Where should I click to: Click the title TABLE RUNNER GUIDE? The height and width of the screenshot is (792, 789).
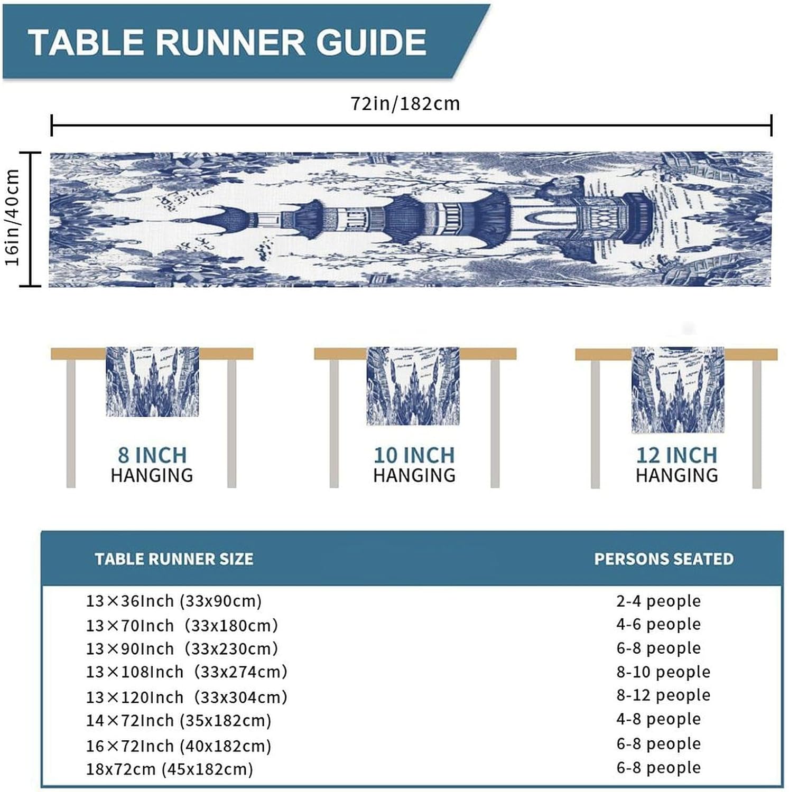click(227, 42)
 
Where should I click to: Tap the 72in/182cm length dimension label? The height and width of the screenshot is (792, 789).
click(405, 103)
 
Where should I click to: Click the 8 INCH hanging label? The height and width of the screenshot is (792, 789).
click(152, 455)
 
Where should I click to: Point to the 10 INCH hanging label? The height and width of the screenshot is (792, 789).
click(414, 455)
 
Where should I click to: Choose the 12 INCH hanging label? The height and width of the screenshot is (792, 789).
click(676, 455)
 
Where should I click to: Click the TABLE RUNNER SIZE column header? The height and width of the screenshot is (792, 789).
click(174, 559)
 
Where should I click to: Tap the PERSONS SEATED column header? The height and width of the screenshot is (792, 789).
click(664, 559)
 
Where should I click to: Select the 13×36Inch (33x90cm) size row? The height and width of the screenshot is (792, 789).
click(174, 601)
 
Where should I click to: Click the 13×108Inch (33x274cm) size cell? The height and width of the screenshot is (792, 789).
click(187, 672)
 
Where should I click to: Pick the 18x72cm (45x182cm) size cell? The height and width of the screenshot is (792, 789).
click(170, 769)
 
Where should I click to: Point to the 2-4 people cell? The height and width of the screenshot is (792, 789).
click(658, 601)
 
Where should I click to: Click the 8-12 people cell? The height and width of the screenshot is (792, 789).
click(663, 695)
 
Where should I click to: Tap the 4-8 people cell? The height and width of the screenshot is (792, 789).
click(658, 719)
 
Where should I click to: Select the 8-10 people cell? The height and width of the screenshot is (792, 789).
click(663, 672)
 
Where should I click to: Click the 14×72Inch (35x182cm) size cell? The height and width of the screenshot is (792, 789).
click(179, 721)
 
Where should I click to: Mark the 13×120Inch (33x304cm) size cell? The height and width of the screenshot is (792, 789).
click(187, 697)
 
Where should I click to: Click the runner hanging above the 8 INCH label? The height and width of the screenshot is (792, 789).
click(152, 381)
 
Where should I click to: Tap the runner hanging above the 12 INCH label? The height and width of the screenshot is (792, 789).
click(677, 390)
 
